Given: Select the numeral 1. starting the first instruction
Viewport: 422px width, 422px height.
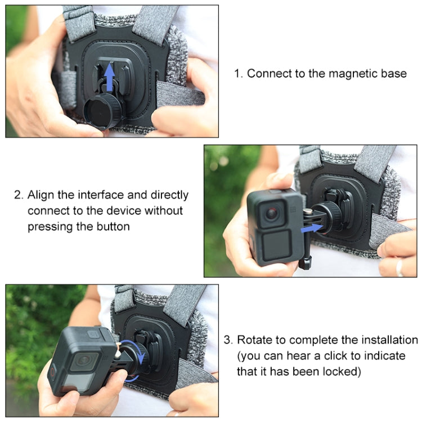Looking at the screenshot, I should (x=239, y=74).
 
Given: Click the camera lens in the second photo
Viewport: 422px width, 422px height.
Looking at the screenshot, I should (x=272, y=212).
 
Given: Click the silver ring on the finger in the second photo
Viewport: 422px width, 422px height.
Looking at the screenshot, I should (x=399, y=267).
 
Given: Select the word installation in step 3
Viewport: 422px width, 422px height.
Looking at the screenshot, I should (x=388, y=340).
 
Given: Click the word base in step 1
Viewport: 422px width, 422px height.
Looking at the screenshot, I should (x=394, y=74).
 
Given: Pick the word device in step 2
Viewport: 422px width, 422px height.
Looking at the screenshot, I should (x=117, y=211).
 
